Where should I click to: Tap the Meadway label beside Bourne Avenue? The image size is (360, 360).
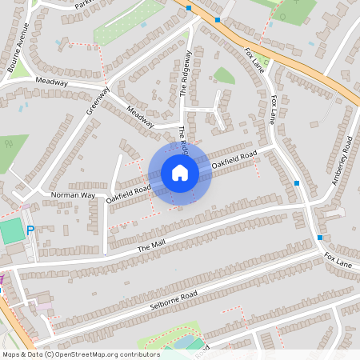51,81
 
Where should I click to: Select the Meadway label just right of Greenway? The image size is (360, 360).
139,115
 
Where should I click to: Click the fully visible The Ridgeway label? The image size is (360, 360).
185,74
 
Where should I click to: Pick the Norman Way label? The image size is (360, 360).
73,194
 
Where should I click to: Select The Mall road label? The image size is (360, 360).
150,249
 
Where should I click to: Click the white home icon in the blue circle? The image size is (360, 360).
179,173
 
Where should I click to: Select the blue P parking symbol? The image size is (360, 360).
30,230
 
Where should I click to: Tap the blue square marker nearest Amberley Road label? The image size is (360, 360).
297,183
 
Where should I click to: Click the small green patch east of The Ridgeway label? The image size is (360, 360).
224,76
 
